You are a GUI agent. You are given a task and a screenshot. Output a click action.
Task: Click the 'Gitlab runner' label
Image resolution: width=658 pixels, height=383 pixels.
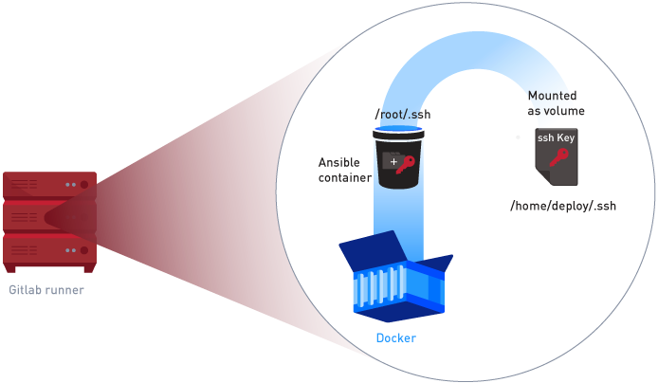46,290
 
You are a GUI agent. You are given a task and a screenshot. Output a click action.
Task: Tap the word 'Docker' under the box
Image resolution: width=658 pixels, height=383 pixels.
395,338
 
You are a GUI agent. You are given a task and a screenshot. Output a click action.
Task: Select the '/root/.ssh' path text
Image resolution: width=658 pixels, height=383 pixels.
404,116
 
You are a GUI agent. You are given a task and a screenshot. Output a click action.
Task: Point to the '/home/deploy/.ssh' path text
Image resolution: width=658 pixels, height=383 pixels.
563,205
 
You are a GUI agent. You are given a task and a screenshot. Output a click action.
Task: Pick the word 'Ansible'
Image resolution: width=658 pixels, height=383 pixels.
339,162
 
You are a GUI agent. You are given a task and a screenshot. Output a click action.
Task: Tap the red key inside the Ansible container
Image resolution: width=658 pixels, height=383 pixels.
406,165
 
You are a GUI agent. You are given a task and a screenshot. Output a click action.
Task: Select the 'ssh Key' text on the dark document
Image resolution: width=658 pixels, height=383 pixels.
556,138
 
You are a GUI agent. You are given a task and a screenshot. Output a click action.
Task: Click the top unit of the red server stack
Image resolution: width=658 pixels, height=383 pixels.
49,184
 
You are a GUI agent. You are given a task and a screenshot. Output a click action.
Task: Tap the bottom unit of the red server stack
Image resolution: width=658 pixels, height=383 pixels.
49,249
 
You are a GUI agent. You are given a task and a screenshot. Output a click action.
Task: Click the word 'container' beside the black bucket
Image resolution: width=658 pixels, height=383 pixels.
344,177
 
